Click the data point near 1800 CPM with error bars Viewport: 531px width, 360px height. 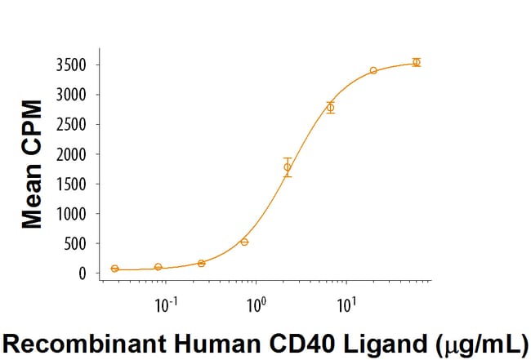tap(287, 167)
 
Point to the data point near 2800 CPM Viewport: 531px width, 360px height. tap(330, 107)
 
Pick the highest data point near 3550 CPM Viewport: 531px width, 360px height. tap(416, 62)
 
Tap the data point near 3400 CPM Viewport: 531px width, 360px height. tap(373, 71)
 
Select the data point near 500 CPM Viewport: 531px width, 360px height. tap(244, 242)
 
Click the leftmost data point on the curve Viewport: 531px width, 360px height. tap(115, 269)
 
